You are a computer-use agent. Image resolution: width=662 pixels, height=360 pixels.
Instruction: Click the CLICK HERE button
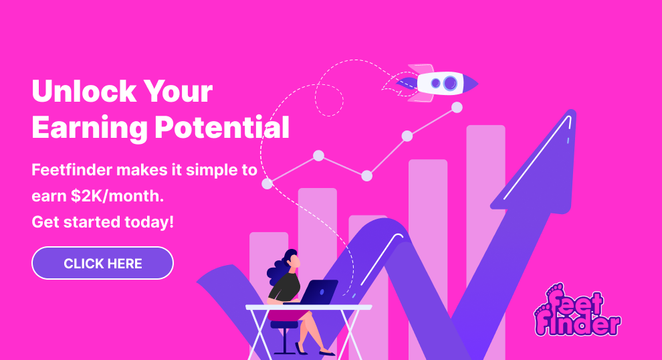(x=102, y=263)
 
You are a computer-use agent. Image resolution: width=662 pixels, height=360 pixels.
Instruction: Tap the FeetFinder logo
(x=577, y=310)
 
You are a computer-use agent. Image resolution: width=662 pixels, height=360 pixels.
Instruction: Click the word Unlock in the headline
(x=84, y=91)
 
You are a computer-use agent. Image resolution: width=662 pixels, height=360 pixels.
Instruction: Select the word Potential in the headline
(x=222, y=127)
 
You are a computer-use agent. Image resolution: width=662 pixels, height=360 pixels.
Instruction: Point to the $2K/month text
(x=118, y=196)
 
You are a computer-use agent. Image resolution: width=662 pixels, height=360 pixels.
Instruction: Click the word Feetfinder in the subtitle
(x=72, y=170)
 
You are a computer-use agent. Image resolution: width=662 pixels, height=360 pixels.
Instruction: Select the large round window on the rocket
(x=450, y=83)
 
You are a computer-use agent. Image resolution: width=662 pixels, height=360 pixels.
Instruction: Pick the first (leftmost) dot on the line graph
(x=267, y=183)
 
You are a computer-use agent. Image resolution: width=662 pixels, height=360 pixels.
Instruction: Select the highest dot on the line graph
(x=457, y=107)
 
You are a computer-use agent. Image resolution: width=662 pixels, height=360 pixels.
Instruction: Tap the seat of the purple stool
(x=284, y=325)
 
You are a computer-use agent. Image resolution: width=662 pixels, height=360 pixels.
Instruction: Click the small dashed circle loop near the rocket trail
(x=329, y=100)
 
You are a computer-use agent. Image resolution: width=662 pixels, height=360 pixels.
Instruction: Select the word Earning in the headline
(x=90, y=128)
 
